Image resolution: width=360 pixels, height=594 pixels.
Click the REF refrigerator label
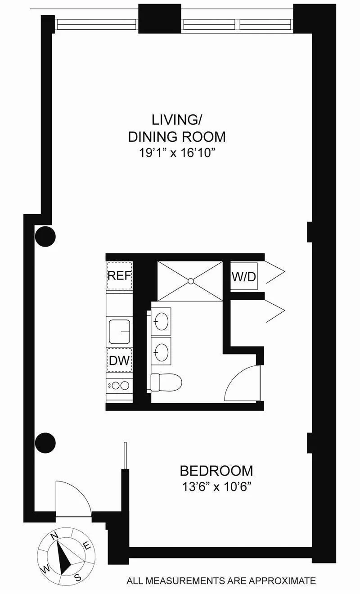[119, 275]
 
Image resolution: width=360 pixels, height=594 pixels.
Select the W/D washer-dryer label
[244, 275]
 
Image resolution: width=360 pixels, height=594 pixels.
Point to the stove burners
[119, 386]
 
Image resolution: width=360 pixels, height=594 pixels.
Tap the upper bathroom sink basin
[162, 321]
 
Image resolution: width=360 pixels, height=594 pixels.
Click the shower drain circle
[190, 281]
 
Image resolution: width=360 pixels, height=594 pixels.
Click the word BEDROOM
[216, 471]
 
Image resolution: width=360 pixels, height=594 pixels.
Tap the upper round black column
[45, 236]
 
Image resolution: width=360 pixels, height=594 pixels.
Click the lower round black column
[45, 443]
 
